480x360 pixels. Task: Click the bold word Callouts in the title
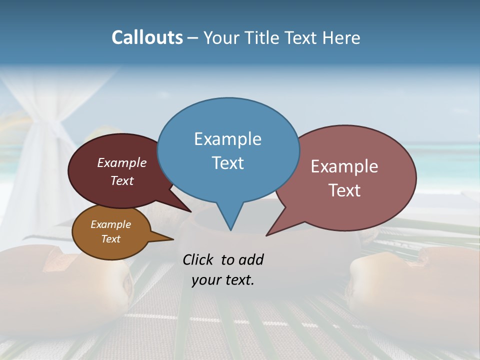147,38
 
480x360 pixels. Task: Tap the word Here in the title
341,38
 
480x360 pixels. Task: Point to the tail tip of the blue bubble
230,229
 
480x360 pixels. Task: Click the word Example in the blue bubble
227,139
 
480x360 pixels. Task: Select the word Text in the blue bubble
227,163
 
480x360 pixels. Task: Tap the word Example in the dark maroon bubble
121,163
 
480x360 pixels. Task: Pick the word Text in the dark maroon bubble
121,180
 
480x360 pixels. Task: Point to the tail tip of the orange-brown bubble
172,239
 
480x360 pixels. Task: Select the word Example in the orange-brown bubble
110,224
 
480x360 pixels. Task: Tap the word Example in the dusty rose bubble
344,166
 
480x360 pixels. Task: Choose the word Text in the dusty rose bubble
344,190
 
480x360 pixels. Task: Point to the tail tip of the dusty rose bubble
267,235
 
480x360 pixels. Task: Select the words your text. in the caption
222,280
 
